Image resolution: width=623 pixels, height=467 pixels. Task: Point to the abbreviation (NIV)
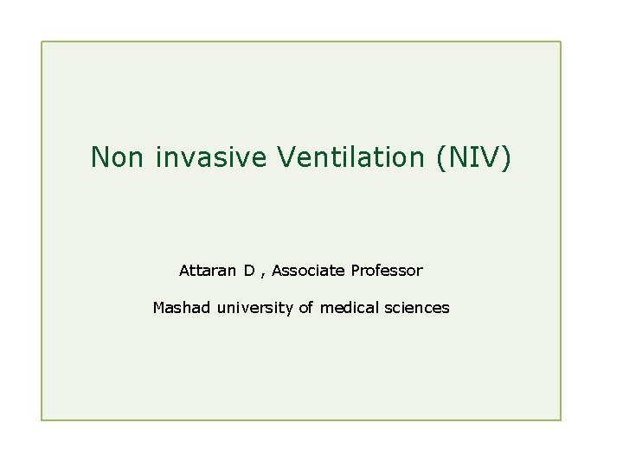pyautogui.click(x=474, y=157)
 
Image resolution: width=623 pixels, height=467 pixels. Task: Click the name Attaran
pyautogui.click(x=209, y=271)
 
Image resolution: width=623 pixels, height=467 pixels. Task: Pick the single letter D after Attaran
pyautogui.click(x=249, y=271)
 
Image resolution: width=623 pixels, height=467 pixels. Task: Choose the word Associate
pyautogui.click(x=309, y=271)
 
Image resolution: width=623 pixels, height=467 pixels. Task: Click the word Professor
pyautogui.click(x=387, y=271)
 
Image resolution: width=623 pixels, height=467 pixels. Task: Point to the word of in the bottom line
pyautogui.click(x=306, y=307)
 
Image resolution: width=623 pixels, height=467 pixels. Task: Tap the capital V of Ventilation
pyautogui.click(x=286, y=157)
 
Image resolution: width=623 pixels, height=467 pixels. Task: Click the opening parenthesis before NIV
pyautogui.click(x=441, y=157)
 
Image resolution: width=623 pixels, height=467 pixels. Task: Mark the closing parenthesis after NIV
pyautogui.click(x=507, y=157)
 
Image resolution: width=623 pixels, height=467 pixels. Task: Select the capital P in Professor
pyautogui.click(x=356, y=271)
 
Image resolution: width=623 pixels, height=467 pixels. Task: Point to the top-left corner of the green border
pyautogui.click(x=42, y=42)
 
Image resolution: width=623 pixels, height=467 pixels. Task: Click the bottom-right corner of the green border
pyautogui.click(x=561, y=420)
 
